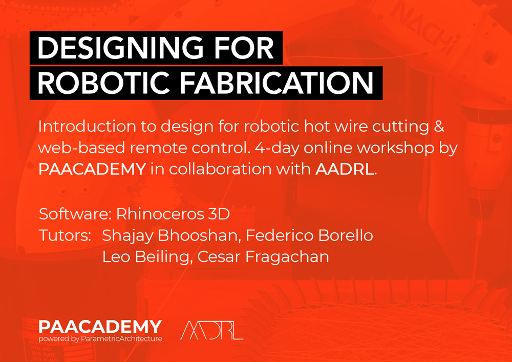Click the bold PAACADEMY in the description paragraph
point(92,170)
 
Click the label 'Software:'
point(74,213)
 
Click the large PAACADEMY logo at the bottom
point(100,327)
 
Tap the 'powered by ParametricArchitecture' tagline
point(100,338)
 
